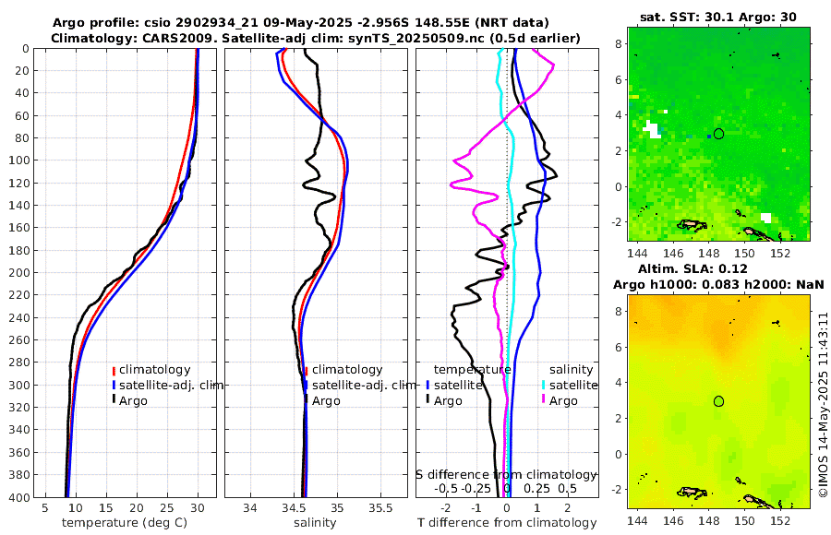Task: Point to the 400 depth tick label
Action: [x=19, y=497]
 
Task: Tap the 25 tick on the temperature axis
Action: [x=167, y=508]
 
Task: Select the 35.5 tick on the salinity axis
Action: [x=380, y=508]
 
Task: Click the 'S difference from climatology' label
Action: [x=505, y=473]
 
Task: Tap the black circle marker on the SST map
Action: [x=718, y=134]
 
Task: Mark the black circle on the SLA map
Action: [x=718, y=401]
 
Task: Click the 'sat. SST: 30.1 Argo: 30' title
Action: [x=718, y=17]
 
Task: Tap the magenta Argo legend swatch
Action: [x=544, y=400]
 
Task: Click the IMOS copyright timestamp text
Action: [x=823, y=405]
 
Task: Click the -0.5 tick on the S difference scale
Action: [x=446, y=488]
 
